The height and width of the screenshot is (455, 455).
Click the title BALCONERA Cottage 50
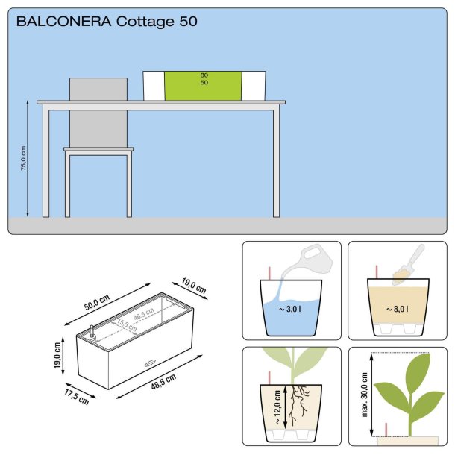(x=107, y=22)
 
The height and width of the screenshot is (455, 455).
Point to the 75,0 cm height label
(x=23, y=159)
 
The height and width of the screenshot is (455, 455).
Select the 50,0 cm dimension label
(x=97, y=299)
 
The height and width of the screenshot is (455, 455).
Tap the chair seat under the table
(x=98, y=150)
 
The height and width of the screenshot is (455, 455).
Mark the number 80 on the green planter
(x=204, y=75)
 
